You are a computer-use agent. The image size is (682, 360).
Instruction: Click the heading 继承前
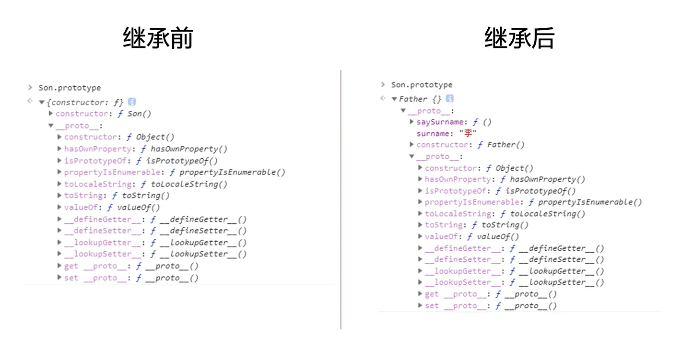[158, 38]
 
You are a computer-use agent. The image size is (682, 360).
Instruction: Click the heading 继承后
[519, 38]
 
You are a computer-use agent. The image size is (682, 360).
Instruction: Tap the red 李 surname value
[468, 133]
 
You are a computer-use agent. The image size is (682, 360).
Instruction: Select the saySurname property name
[440, 122]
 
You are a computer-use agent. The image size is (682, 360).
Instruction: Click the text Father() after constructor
[506, 145]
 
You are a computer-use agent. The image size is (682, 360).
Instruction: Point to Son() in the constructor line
[139, 114]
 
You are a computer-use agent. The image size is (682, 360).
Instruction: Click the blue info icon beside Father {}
[449, 99]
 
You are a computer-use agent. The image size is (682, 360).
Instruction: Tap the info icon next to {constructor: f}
[132, 102]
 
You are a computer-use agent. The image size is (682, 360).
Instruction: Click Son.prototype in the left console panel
[70, 88]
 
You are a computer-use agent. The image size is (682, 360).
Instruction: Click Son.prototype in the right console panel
[422, 85]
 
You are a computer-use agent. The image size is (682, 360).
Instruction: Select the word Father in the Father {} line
[413, 99]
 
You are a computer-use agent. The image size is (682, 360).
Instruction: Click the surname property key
[433, 133]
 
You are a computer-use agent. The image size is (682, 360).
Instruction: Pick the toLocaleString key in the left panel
[98, 184]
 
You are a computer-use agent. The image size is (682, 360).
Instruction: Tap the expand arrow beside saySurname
[412, 122]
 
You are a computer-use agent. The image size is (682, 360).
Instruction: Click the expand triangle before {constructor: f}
[42, 102]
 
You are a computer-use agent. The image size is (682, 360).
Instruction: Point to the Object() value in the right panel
[514, 168]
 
